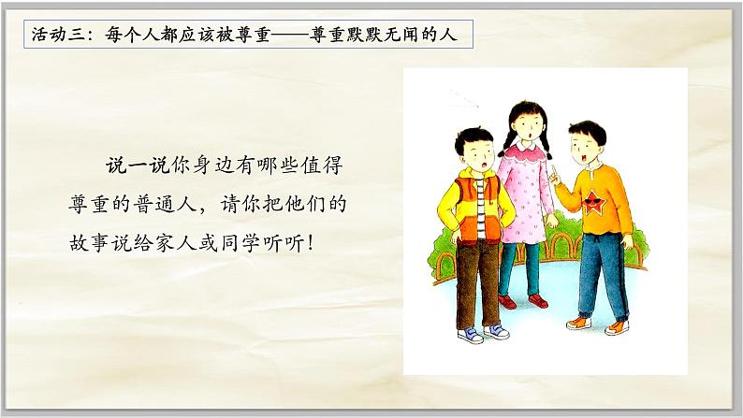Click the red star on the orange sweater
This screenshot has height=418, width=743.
click(x=594, y=199)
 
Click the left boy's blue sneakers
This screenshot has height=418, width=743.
click(x=482, y=334)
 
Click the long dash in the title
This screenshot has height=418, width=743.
click(x=289, y=36)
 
